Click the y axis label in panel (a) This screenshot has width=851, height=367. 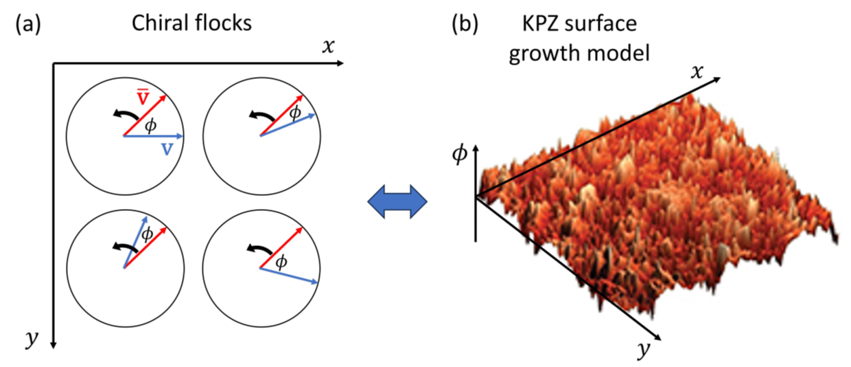30,338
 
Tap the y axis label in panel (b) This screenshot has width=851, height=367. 642,351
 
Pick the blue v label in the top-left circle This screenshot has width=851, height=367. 167,148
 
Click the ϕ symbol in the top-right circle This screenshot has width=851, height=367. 295,113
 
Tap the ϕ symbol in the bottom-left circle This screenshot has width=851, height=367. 146,234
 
